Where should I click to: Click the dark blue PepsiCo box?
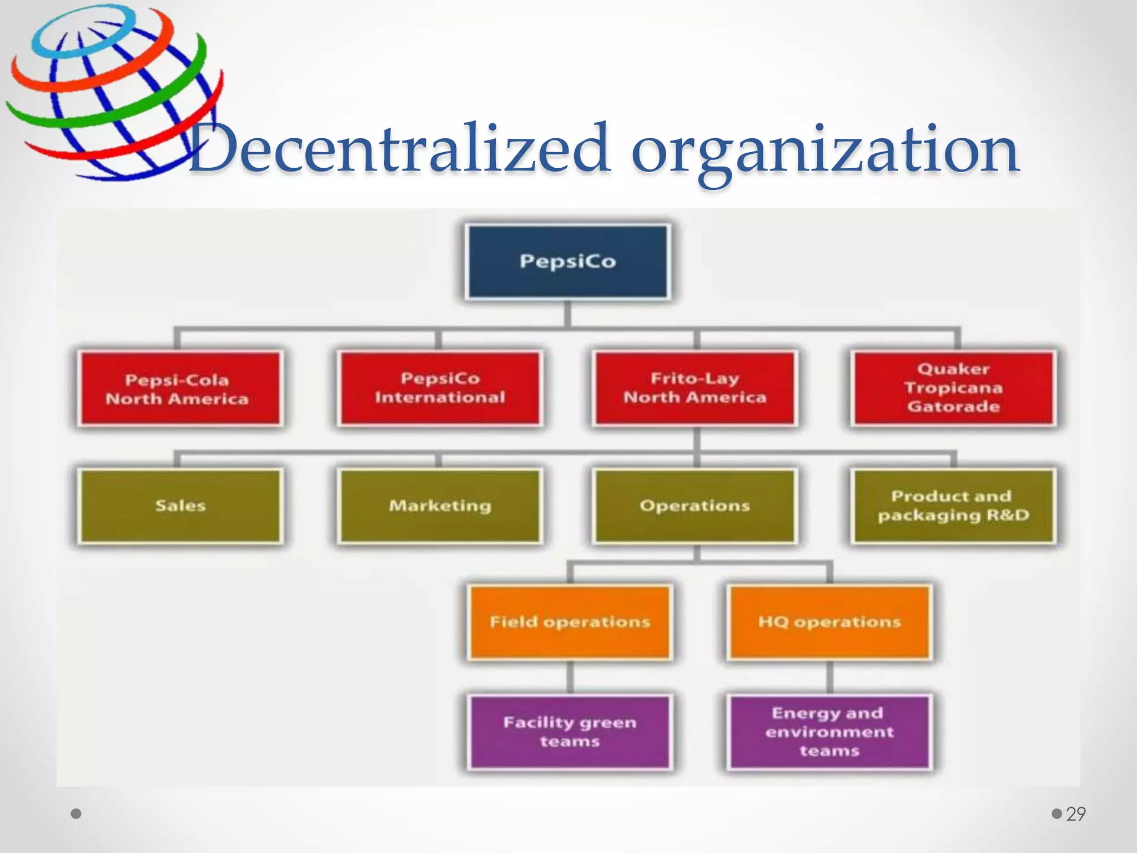tap(567, 262)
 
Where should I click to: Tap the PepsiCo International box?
tap(440, 388)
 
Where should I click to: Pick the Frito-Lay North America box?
tap(695, 388)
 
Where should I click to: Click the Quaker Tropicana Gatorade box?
tap(953, 388)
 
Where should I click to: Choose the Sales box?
tap(180, 506)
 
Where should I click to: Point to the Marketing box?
tap(440, 506)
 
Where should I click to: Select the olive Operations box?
tap(695, 506)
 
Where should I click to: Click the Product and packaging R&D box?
tap(953, 506)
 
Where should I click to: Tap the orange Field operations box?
tap(570, 622)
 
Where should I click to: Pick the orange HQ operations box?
tap(829, 622)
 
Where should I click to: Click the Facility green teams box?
tap(570, 732)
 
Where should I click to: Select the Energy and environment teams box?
tap(829, 732)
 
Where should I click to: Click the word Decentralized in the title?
tap(400, 149)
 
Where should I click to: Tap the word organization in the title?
tap(824, 149)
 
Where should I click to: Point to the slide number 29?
tap(1076, 814)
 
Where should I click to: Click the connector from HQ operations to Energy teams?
tap(830, 678)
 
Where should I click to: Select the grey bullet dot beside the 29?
tap(1057, 814)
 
